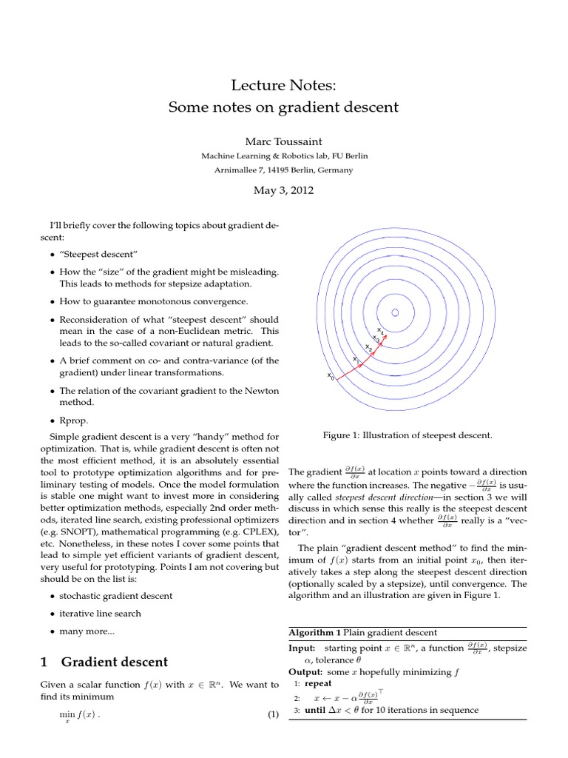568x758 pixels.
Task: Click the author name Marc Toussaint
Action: [x=284, y=140]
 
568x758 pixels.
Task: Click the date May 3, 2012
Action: [x=284, y=190]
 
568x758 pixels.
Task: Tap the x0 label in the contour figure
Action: [x=331, y=376]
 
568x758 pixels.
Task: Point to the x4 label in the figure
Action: [x=380, y=329]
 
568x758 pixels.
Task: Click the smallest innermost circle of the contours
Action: [x=395, y=312]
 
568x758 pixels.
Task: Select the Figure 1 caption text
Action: [x=408, y=435]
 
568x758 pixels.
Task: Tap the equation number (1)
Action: [x=273, y=714]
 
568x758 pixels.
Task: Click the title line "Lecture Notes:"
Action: [x=284, y=87]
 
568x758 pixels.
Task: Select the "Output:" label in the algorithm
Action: [x=305, y=671]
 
